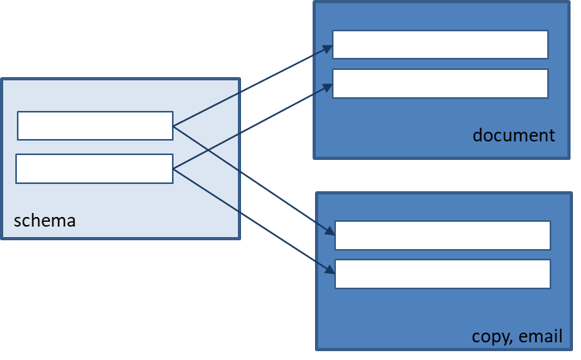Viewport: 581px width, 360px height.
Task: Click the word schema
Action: click(45, 221)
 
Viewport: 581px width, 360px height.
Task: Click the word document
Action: click(513, 135)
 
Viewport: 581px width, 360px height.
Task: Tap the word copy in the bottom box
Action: click(491, 337)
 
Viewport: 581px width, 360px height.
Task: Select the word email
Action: click(540, 336)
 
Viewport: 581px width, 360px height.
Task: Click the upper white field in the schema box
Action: click(96, 125)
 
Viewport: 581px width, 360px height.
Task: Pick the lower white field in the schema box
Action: click(95, 169)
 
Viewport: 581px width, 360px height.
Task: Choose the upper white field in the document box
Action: click(440, 44)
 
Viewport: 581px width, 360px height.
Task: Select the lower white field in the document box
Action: click(440, 84)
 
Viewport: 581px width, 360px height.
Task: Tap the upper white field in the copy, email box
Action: click(443, 235)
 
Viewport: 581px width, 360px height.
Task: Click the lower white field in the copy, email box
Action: click(443, 274)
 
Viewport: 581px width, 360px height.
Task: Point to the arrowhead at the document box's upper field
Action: click(328, 49)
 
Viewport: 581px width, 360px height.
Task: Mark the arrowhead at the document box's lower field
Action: click(328, 88)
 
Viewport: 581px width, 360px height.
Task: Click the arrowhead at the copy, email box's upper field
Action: click(329, 231)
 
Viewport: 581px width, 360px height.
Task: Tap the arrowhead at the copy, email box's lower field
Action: click(329, 270)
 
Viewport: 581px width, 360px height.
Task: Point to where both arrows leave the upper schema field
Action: click(174, 126)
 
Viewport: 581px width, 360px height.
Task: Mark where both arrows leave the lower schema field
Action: click(174, 170)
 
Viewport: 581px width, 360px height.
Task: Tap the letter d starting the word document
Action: click(477, 135)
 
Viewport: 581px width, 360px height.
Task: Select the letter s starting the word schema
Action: click(18, 222)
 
